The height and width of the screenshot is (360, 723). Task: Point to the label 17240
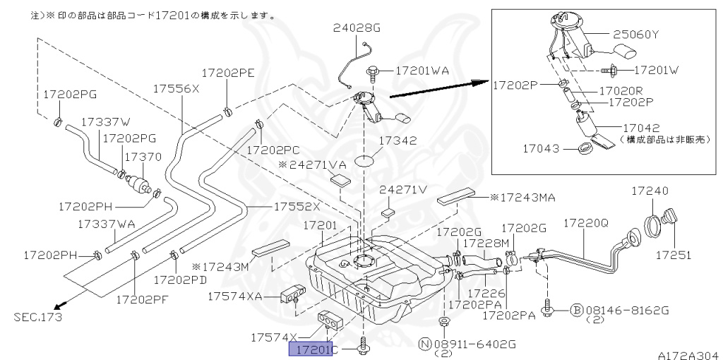click(650, 191)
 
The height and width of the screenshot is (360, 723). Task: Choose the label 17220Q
click(585, 223)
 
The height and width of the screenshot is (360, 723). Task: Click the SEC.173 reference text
click(37, 317)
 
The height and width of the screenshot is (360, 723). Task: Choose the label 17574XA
click(235, 296)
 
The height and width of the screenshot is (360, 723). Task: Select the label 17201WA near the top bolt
click(422, 71)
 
